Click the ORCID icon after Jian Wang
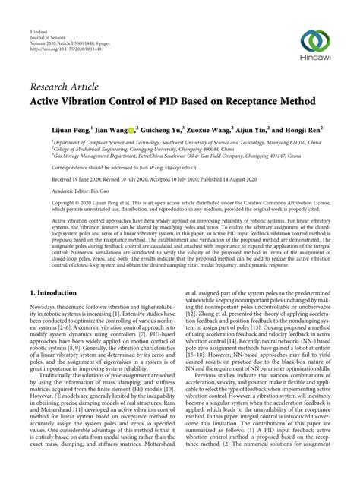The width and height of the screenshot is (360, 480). [x=130, y=130]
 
